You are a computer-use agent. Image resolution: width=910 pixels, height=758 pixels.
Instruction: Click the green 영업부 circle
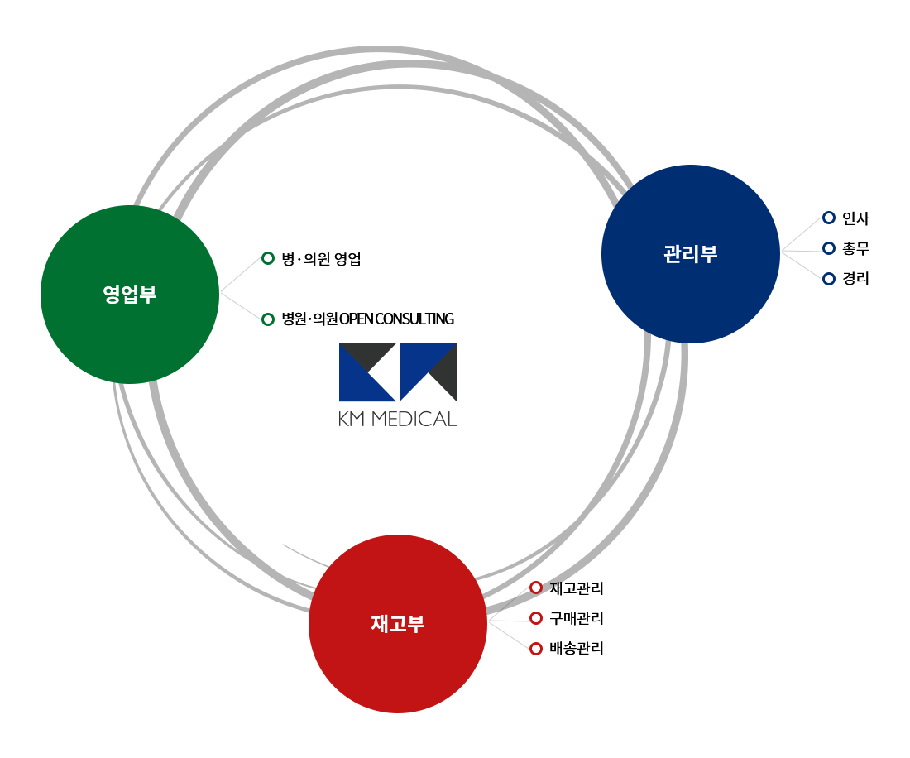click(x=130, y=295)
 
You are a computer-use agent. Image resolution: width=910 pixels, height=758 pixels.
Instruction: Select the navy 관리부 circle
click(x=691, y=254)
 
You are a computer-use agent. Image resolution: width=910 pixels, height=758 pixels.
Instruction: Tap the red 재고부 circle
click(x=398, y=624)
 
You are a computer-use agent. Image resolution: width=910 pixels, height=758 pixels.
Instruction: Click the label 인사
click(x=855, y=218)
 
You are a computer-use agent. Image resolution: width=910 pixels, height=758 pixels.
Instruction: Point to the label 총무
click(x=855, y=248)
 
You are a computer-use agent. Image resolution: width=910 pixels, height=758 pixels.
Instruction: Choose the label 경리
click(x=855, y=279)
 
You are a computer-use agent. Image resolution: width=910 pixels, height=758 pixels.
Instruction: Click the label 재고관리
click(x=577, y=588)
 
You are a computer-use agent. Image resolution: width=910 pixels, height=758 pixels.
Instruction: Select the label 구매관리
click(x=577, y=618)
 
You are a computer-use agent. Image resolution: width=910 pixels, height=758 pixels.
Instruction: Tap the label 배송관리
click(x=577, y=649)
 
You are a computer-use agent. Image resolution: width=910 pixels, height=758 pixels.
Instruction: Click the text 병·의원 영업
click(x=321, y=259)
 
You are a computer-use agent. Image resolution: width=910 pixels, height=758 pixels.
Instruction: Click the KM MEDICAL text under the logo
click(x=397, y=419)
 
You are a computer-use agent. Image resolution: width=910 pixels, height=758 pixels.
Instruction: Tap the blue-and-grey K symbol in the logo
click(x=366, y=372)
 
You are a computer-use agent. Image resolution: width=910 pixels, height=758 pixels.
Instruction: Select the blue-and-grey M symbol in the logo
click(x=428, y=372)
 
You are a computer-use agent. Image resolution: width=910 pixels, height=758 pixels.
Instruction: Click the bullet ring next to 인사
click(x=829, y=218)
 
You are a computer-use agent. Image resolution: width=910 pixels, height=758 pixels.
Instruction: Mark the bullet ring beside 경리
click(x=829, y=279)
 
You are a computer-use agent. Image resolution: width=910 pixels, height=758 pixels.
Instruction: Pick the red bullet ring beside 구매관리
click(x=536, y=618)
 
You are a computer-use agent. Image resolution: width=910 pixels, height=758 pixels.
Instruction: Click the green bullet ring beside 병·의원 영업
click(x=268, y=258)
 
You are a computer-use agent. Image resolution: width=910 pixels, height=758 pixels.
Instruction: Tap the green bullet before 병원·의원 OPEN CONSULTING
click(x=268, y=319)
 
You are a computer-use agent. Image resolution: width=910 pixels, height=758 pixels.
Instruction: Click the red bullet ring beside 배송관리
click(x=536, y=649)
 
